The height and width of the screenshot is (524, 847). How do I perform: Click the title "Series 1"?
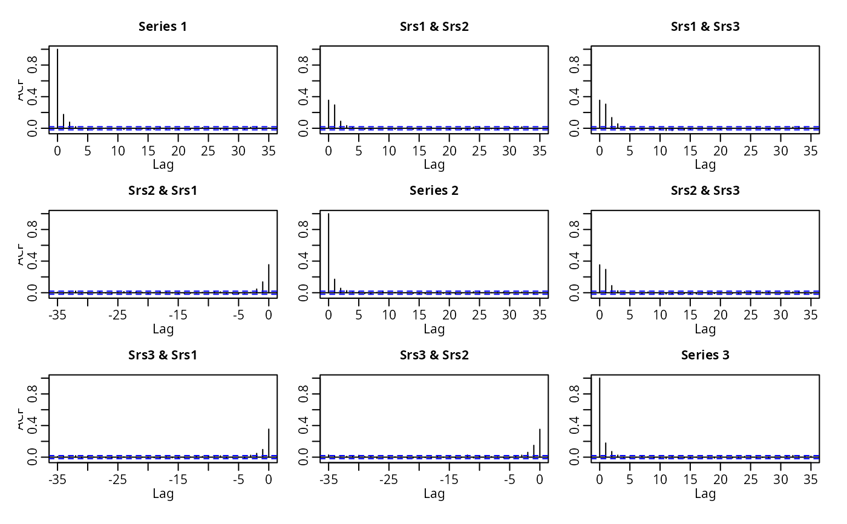coord(163,26)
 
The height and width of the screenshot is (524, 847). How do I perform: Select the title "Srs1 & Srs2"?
coord(434,26)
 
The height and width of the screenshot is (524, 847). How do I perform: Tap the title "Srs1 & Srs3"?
coord(705,26)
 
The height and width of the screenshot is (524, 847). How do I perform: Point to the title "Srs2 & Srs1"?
coord(163,191)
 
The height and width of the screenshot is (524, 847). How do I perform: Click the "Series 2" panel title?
coord(434,191)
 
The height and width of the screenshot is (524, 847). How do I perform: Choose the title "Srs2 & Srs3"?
coord(705,191)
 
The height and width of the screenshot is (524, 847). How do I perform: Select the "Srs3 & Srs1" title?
coord(163,355)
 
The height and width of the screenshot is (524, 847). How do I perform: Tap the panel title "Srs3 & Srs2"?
coord(434,355)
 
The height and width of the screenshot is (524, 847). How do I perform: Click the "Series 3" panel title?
coord(705,355)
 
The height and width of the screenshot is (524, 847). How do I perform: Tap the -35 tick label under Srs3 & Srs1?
coord(57,480)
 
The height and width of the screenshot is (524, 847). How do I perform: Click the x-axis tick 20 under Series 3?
coord(721,480)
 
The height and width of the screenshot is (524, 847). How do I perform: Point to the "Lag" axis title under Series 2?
coord(434,329)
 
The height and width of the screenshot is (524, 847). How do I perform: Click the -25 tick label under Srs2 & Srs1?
coord(117,315)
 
